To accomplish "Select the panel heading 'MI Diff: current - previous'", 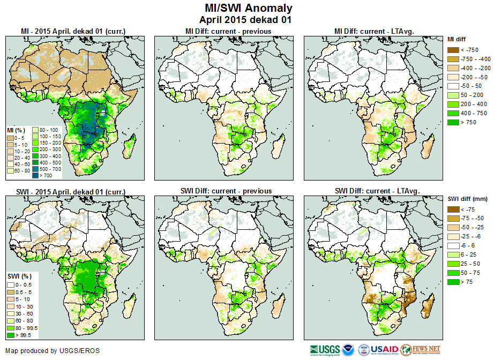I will coord(228,31).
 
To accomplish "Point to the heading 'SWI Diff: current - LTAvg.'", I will coord(377,191).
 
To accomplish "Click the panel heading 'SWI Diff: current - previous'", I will coord(228,191).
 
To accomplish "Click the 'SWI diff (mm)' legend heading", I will coord(467,199).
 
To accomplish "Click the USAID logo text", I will coord(385,349).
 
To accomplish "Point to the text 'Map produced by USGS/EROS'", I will coord(53,351).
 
